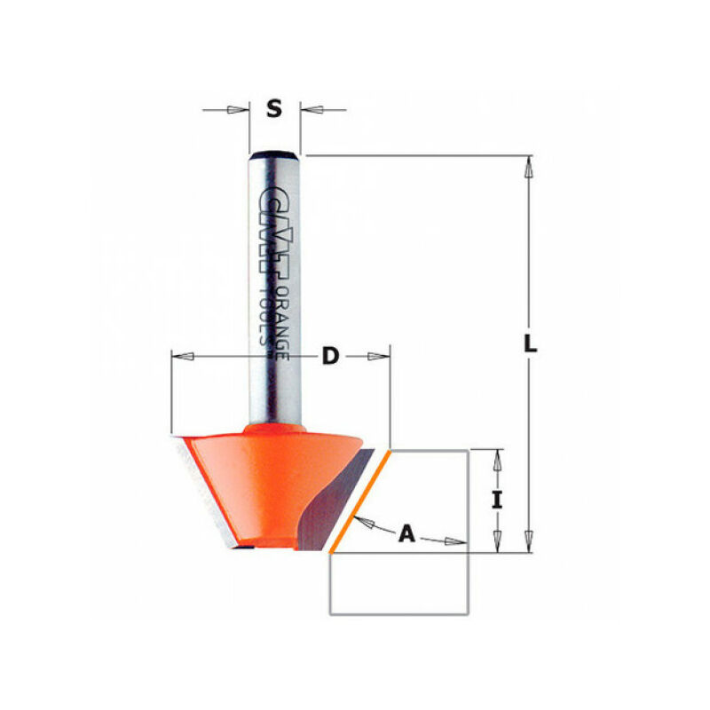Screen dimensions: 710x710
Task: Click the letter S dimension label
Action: coord(274,109)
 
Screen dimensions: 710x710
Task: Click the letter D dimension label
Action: coord(330,356)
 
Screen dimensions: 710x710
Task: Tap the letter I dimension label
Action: coord(498,500)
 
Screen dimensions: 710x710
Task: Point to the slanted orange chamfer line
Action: coord(358,501)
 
